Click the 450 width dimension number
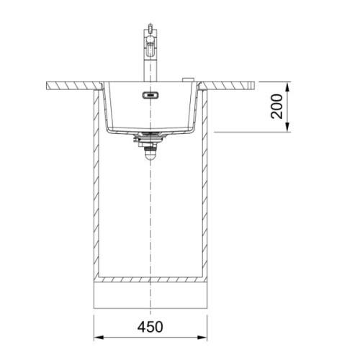point(150,327)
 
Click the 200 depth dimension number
point(276,107)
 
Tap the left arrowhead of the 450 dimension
point(99,338)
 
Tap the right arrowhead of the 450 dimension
point(202,338)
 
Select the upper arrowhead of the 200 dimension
point(288,86)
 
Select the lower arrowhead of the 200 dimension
point(288,127)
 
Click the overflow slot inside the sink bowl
point(150,95)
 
